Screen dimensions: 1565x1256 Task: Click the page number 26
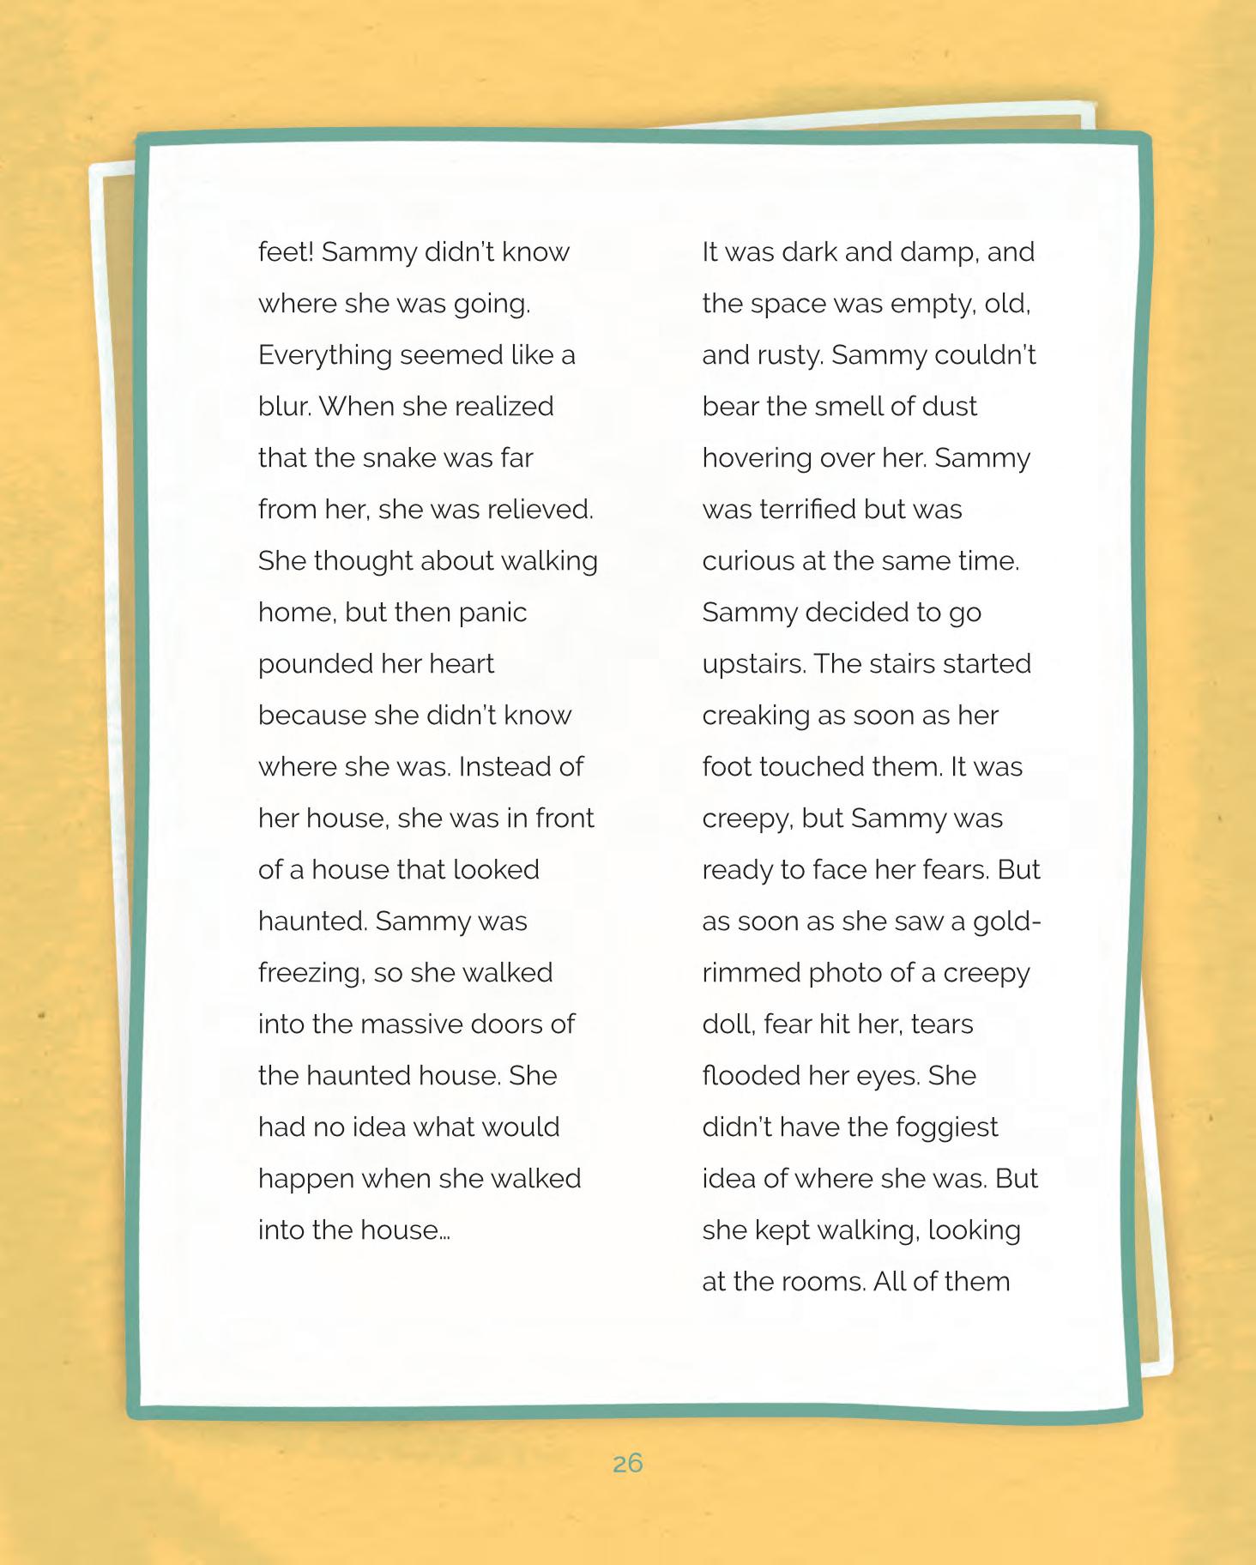628,1463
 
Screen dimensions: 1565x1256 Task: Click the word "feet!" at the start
287,251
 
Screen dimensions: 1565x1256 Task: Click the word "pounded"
312,664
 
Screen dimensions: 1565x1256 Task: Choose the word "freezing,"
312,973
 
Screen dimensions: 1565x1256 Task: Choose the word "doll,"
728,1024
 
